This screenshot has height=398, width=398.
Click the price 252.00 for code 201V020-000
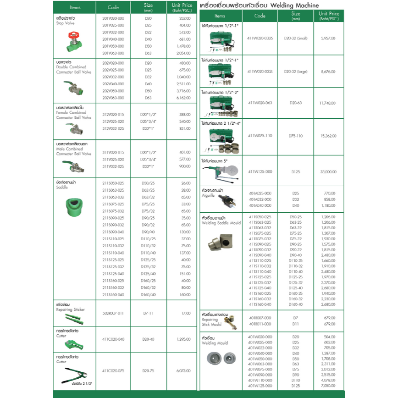click(185, 18)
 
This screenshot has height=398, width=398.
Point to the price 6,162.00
click(184, 98)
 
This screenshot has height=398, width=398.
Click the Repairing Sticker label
click(70, 310)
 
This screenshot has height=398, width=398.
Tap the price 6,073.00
click(183, 370)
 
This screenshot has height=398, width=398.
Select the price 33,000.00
click(328, 171)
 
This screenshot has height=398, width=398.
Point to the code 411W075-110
click(260, 136)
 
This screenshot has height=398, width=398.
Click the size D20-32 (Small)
click(295, 39)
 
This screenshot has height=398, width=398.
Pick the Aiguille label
click(208, 195)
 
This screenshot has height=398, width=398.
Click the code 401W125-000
click(260, 386)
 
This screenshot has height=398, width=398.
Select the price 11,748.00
click(328, 103)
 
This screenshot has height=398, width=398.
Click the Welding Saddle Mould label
click(221, 223)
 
